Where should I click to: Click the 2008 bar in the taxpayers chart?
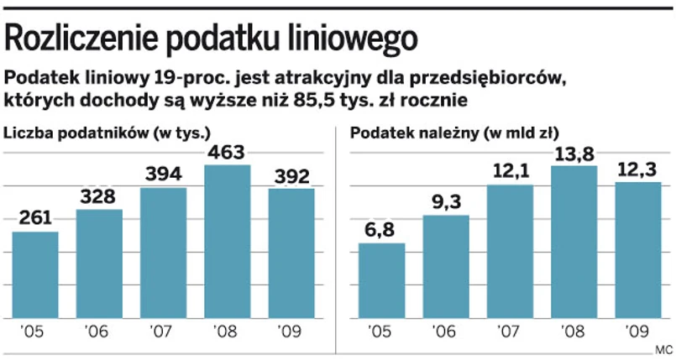pos(227,243)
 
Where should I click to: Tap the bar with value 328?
pos(99,264)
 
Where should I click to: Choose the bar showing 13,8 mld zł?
pos(574,243)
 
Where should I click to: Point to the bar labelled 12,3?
pos(637,252)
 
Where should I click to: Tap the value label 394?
pos(163,175)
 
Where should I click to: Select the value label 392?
pos(291,176)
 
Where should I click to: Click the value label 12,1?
pos(509,172)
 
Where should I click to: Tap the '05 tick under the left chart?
pos(35,332)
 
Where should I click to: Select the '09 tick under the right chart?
pos(637,332)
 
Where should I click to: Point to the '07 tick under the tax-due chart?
pos(509,332)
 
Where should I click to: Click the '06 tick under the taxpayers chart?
pos(99,332)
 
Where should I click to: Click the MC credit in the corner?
pos(663,349)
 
